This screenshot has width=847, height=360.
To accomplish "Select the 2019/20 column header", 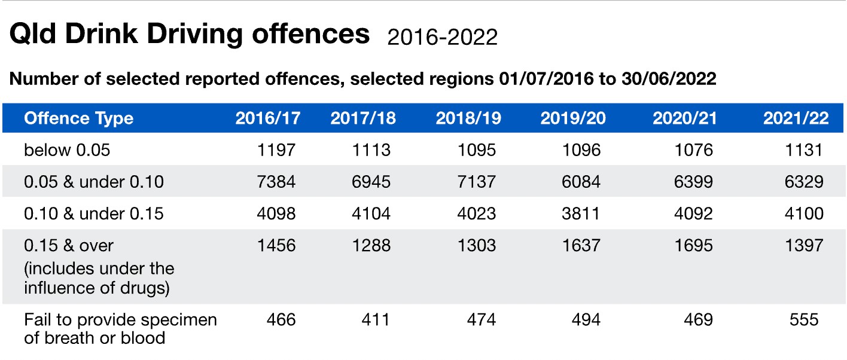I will (x=572, y=118).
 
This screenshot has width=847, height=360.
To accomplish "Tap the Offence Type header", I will (x=78, y=118).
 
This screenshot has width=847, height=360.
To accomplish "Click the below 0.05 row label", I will (x=67, y=150).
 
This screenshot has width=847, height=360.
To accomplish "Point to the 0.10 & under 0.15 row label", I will (x=93, y=213).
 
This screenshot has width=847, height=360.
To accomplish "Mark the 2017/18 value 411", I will (x=375, y=320).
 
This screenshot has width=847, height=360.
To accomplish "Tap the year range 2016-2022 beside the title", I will (x=442, y=37).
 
